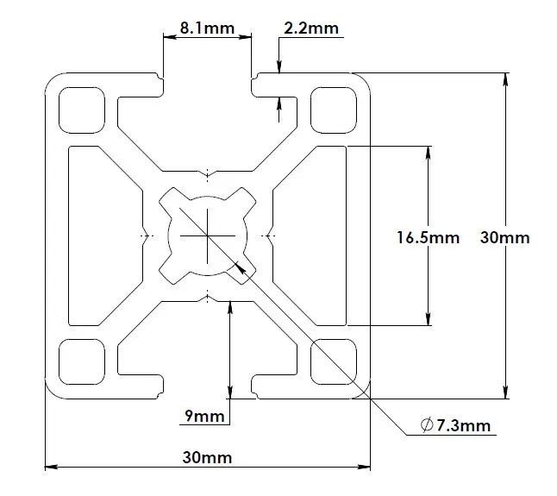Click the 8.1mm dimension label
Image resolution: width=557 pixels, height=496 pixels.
pos(207,28)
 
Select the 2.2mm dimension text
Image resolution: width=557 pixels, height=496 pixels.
pos(311,28)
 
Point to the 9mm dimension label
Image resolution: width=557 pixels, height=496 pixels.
pos(204,418)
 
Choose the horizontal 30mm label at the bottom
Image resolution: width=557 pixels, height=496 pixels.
pos(207,457)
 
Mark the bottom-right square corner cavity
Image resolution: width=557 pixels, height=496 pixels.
pos(335,361)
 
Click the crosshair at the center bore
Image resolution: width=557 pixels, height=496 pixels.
pos(208,235)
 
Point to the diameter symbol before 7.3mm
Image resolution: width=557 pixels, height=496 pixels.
pos(426,424)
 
